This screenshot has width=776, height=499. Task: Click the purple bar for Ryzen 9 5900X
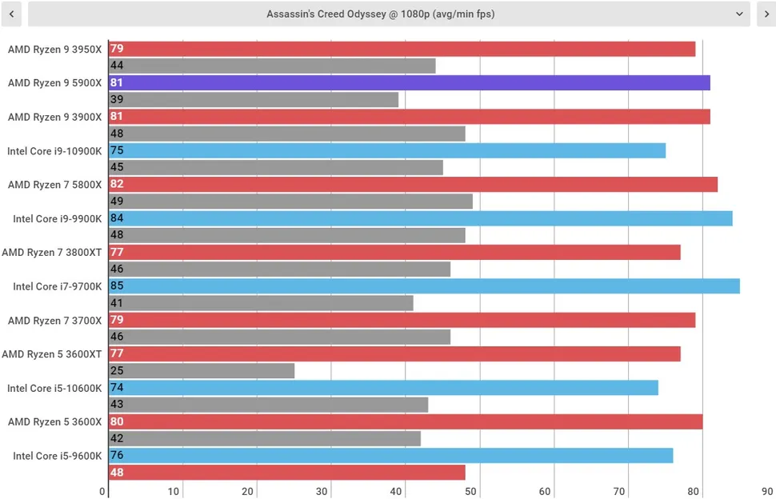(409, 82)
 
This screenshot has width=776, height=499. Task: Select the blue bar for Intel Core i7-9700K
(424, 285)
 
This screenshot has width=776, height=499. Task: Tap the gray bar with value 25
(202, 371)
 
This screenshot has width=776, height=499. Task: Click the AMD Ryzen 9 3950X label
(55, 50)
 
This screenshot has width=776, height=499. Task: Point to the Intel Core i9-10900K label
(55, 150)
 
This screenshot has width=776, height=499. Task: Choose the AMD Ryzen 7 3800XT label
(52, 252)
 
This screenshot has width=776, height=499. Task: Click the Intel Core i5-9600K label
(55, 456)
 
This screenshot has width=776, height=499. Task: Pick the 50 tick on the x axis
(471, 492)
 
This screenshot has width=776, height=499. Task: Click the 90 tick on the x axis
(767, 492)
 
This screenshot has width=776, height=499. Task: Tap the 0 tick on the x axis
(102, 492)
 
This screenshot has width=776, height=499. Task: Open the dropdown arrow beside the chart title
(739, 14)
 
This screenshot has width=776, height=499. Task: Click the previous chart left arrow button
(10, 14)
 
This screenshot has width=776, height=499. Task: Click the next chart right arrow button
(766, 14)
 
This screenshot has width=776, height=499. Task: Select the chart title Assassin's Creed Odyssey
(381, 14)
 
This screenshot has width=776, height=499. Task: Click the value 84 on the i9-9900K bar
(117, 218)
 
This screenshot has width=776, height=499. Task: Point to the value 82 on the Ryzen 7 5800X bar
(117, 184)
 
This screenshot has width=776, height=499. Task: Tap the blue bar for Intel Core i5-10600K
(383, 388)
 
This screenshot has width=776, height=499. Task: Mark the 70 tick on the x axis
(619, 492)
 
